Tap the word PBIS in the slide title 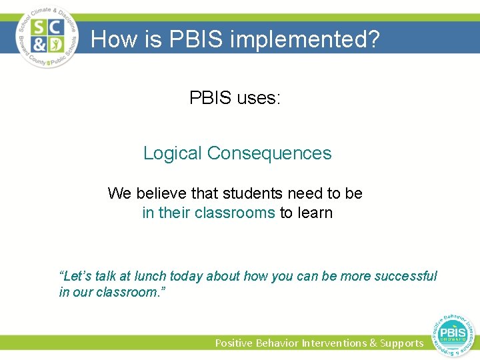(195, 40)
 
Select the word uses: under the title (256, 98)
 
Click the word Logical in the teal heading (172, 153)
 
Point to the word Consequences (269, 153)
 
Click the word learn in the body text (314, 213)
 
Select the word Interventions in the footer (335, 343)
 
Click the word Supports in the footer (401, 343)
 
